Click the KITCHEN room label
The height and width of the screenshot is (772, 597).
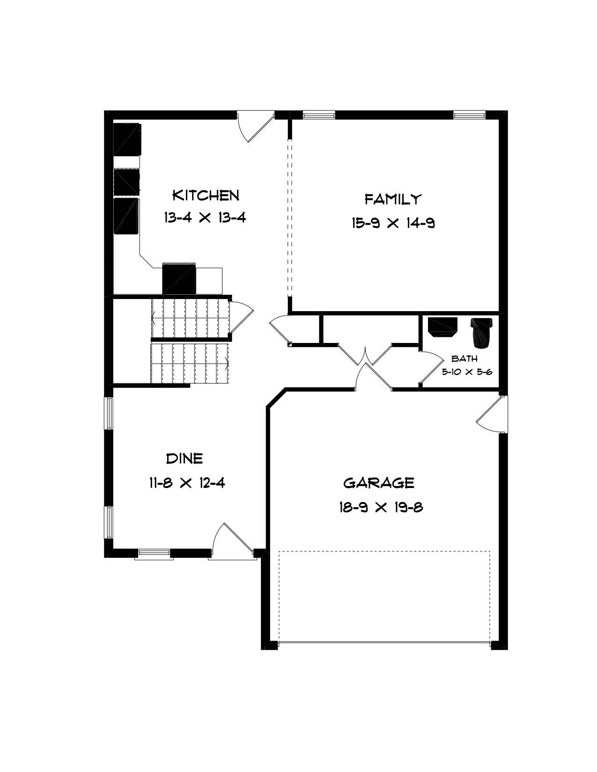206,196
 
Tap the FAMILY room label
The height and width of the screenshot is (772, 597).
393,199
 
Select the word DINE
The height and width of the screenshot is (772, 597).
184,459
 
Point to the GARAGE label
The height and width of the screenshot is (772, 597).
379,483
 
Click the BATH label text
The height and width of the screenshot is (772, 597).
464,358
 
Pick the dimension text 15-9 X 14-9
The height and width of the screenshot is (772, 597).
394,223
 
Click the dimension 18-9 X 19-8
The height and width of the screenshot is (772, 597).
381,507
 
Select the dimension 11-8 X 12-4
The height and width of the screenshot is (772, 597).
187,483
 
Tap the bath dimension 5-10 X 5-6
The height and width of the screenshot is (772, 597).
467,372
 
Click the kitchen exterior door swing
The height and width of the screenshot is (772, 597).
256,127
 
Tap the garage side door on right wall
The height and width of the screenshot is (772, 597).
492,415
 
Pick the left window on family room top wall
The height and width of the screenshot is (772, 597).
318,115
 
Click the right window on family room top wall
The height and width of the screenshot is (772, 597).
469,115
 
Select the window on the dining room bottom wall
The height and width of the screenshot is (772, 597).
154,553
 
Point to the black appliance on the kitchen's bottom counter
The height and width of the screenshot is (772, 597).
179,279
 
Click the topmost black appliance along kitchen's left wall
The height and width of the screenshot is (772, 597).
127,139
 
